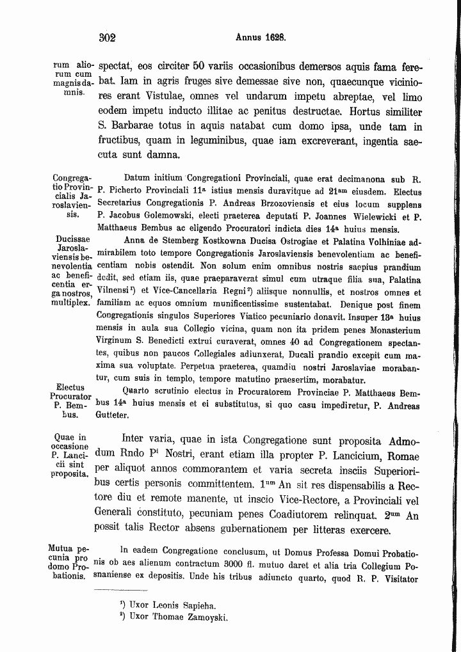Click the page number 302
coord(107,38)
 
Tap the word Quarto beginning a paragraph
coord(137,392)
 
